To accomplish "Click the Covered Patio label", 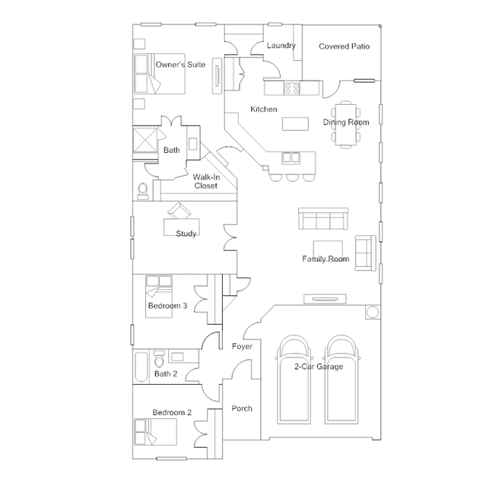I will [x=344, y=46].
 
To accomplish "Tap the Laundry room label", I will [x=281, y=46].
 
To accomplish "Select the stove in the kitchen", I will [x=292, y=88].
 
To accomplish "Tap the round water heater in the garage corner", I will [x=371, y=313].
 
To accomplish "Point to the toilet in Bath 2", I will [x=158, y=357].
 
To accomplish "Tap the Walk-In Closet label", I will [x=205, y=180].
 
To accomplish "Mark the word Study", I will [x=186, y=233].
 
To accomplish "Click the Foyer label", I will [x=242, y=347].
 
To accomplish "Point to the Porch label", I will [x=242, y=408].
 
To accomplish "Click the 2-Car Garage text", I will [x=319, y=367].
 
